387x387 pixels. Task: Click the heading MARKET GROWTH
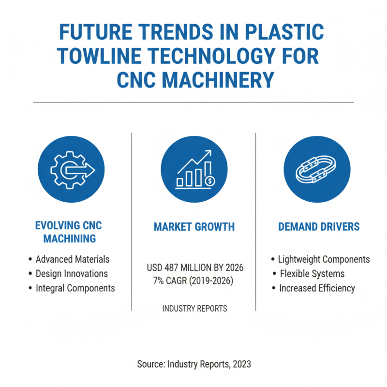point(193,226)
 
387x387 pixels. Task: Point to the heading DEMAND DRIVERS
point(319,226)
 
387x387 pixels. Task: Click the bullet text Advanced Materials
point(72,259)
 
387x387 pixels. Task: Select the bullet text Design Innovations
point(72,274)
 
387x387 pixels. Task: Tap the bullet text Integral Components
point(75,288)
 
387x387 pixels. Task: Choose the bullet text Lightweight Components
point(324,259)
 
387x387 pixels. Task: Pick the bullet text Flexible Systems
point(312,274)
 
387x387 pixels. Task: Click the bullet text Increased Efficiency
point(317,288)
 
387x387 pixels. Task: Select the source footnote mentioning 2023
point(193,364)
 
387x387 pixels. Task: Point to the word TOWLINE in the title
point(100,57)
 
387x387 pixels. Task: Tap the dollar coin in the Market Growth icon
point(209,181)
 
